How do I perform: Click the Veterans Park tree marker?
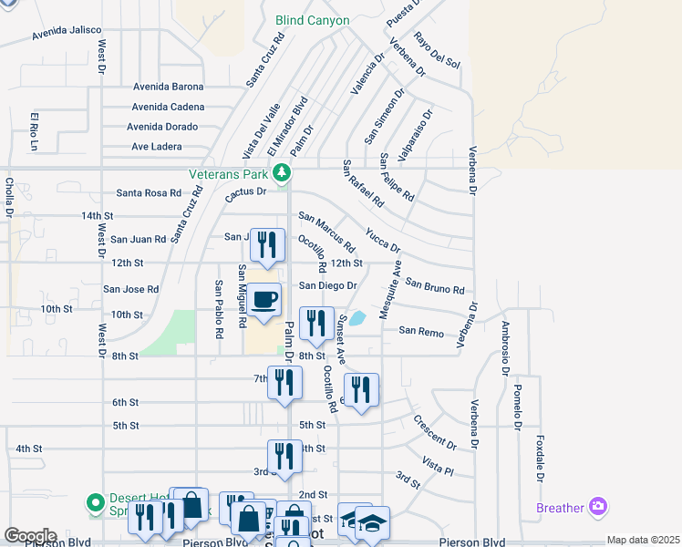tap(283, 171)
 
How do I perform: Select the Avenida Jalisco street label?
tap(67, 30)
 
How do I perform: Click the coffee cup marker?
tap(264, 301)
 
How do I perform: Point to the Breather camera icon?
tap(598, 507)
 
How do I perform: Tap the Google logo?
tap(29, 536)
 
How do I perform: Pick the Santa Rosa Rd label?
tap(148, 192)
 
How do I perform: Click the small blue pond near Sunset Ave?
tap(357, 318)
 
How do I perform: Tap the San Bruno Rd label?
tap(435, 287)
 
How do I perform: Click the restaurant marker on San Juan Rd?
tap(267, 246)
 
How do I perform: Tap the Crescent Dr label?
tap(434, 432)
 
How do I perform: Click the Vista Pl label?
tap(438, 468)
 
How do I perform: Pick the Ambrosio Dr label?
tap(502, 347)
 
